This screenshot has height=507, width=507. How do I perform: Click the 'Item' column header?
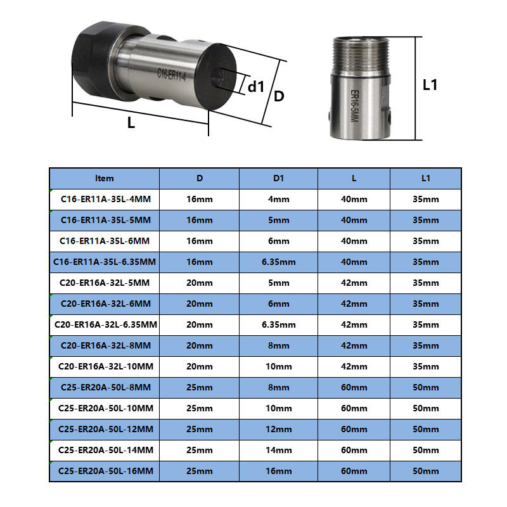[105, 178]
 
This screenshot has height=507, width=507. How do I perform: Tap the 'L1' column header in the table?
[425, 178]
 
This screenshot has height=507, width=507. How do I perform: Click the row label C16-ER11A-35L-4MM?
[105, 199]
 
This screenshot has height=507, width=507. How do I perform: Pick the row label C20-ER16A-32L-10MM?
[105, 366]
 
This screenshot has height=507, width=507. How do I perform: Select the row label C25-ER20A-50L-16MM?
[105, 471]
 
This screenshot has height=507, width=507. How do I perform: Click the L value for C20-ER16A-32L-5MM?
[354, 283]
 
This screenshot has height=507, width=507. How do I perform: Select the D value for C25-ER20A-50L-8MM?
[200, 387]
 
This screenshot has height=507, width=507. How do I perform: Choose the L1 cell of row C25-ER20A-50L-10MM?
[425, 408]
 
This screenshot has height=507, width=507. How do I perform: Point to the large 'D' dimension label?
[279, 96]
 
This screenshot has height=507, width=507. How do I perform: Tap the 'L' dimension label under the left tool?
[131, 123]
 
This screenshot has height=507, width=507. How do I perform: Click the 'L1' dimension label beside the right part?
[430, 84]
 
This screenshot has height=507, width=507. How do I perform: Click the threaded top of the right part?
[359, 54]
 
